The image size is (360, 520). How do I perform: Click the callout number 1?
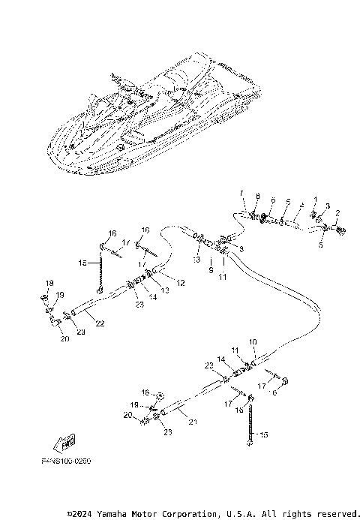(x=316, y=199)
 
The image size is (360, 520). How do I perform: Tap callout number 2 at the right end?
(x=337, y=213)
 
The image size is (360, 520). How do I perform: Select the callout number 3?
(x=327, y=206)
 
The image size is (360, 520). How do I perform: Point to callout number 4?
(x=301, y=203)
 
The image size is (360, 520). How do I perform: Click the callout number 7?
(x=241, y=194)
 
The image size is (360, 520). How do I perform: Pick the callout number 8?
(x=256, y=196)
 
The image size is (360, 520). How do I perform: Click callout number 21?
(x=193, y=423)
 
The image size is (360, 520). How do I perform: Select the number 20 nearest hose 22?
(x=64, y=338)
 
